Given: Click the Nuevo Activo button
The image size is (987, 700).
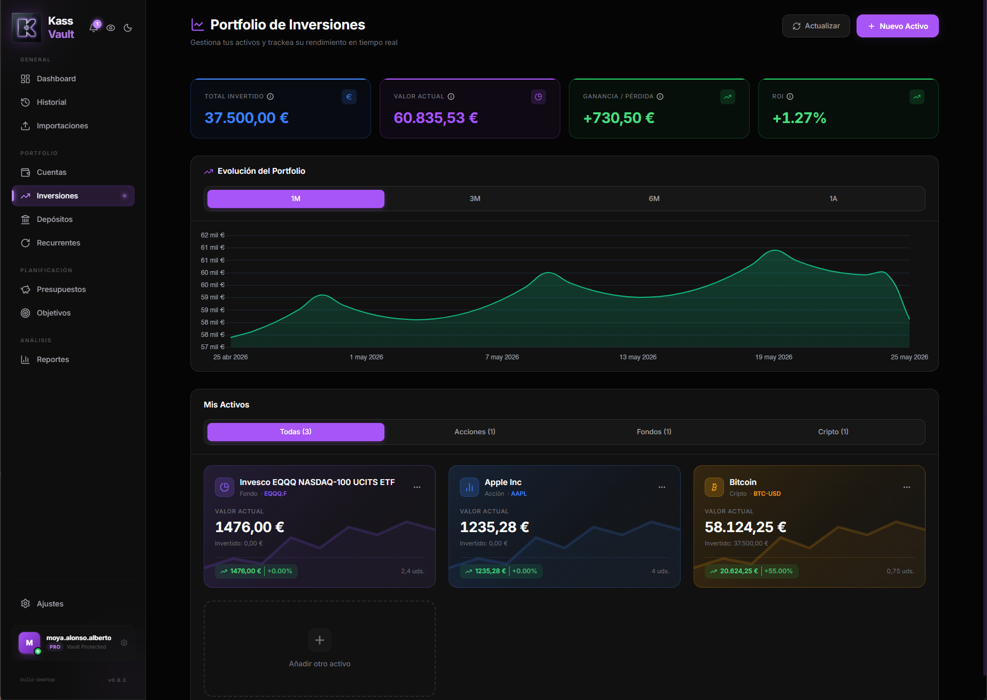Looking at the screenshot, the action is pyautogui.click(x=897, y=26).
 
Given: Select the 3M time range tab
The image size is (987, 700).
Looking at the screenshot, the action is pyautogui.click(x=475, y=199).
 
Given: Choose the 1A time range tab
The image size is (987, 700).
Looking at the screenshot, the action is pyautogui.click(x=833, y=199).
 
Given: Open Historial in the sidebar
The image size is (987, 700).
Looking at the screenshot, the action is pyautogui.click(x=51, y=102).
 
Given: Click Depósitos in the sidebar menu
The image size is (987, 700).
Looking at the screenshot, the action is pyautogui.click(x=55, y=219).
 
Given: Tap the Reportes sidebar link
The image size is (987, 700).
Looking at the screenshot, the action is pyautogui.click(x=53, y=359).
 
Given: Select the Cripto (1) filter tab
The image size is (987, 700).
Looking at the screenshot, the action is pyautogui.click(x=833, y=432).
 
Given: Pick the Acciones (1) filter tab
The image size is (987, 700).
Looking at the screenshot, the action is pyautogui.click(x=475, y=432).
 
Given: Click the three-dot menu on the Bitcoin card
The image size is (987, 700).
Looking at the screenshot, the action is pyautogui.click(x=907, y=487).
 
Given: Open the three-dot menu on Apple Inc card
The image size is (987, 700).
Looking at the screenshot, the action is pyautogui.click(x=662, y=487).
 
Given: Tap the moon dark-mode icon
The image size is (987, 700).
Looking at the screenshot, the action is pyautogui.click(x=128, y=28).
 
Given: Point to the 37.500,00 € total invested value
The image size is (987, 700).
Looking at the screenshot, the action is pyautogui.click(x=246, y=118).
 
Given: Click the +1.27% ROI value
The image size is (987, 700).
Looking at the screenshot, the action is pyautogui.click(x=799, y=118).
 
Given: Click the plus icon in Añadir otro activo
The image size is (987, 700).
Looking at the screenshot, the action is pyautogui.click(x=320, y=640).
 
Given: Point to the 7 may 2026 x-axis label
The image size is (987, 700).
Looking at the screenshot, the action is pyautogui.click(x=502, y=357).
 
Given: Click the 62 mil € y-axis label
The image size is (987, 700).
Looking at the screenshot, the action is pyautogui.click(x=213, y=235).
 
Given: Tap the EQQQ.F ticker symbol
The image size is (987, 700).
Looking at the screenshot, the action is pyautogui.click(x=275, y=494).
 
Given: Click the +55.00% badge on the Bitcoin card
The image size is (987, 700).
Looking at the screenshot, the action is pyautogui.click(x=778, y=571).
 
